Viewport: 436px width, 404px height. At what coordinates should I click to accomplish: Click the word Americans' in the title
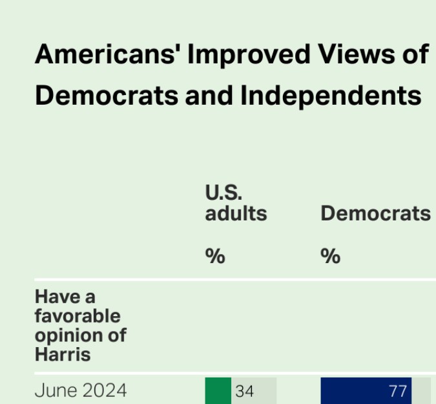point(108,55)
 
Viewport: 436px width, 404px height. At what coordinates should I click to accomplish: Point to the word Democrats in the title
point(107,96)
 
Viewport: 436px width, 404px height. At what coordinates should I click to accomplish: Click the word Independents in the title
point(331,96)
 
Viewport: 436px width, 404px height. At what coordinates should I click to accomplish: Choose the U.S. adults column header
point(236,203)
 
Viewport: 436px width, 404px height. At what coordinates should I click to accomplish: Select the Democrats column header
point(375,213)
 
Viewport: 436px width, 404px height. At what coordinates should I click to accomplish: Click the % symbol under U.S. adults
point(215,256)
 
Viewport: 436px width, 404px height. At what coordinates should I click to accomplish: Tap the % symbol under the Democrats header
point(330,256)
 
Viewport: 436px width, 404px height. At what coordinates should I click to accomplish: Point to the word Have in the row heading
point(56,297)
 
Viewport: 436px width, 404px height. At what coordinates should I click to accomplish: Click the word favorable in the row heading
point(78,316)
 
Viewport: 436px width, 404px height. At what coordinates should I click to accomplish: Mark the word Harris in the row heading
point(63,355)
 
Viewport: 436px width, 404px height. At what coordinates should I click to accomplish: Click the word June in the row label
point(56,391)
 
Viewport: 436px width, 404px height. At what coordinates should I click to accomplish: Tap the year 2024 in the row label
point(104,391)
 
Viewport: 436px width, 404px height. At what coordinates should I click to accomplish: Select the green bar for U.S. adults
point(218,391)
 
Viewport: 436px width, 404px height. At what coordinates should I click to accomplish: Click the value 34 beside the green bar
point(244,392)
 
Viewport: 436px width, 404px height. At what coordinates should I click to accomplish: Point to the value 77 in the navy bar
point(398,392)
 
